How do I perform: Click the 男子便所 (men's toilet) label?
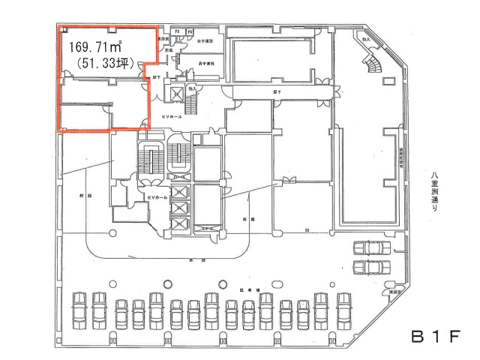pyautogui.click(x=205, y=64)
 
